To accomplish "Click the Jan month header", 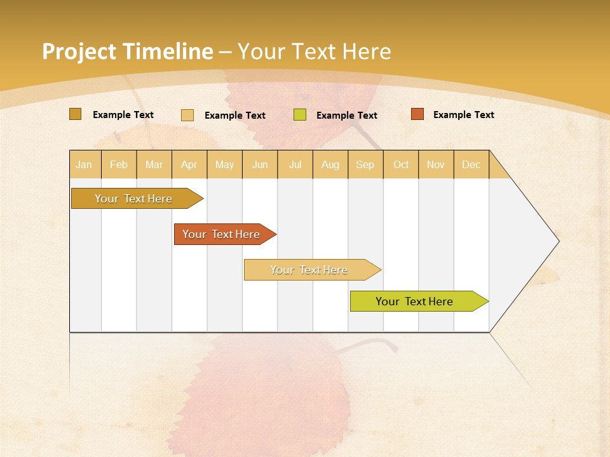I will coord(84,164).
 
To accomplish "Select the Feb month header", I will coord(119,164).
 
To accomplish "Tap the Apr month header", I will coord(189,164).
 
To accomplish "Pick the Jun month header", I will coord(260,164).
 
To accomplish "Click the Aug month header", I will coord(330,164).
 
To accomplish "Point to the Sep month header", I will coord(365,164).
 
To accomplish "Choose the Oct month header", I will coord(401,164).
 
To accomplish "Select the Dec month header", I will coord(471,164).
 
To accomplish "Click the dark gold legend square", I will coord(75,114).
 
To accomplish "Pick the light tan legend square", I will coord(187,115).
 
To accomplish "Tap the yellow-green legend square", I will coord(300,115).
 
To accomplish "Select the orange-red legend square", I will coord(417,114).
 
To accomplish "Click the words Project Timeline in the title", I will coord(127,51).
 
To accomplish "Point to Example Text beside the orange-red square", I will coord(463,115).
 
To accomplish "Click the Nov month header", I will coord(436,164).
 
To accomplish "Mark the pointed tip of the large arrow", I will coord(558,241).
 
